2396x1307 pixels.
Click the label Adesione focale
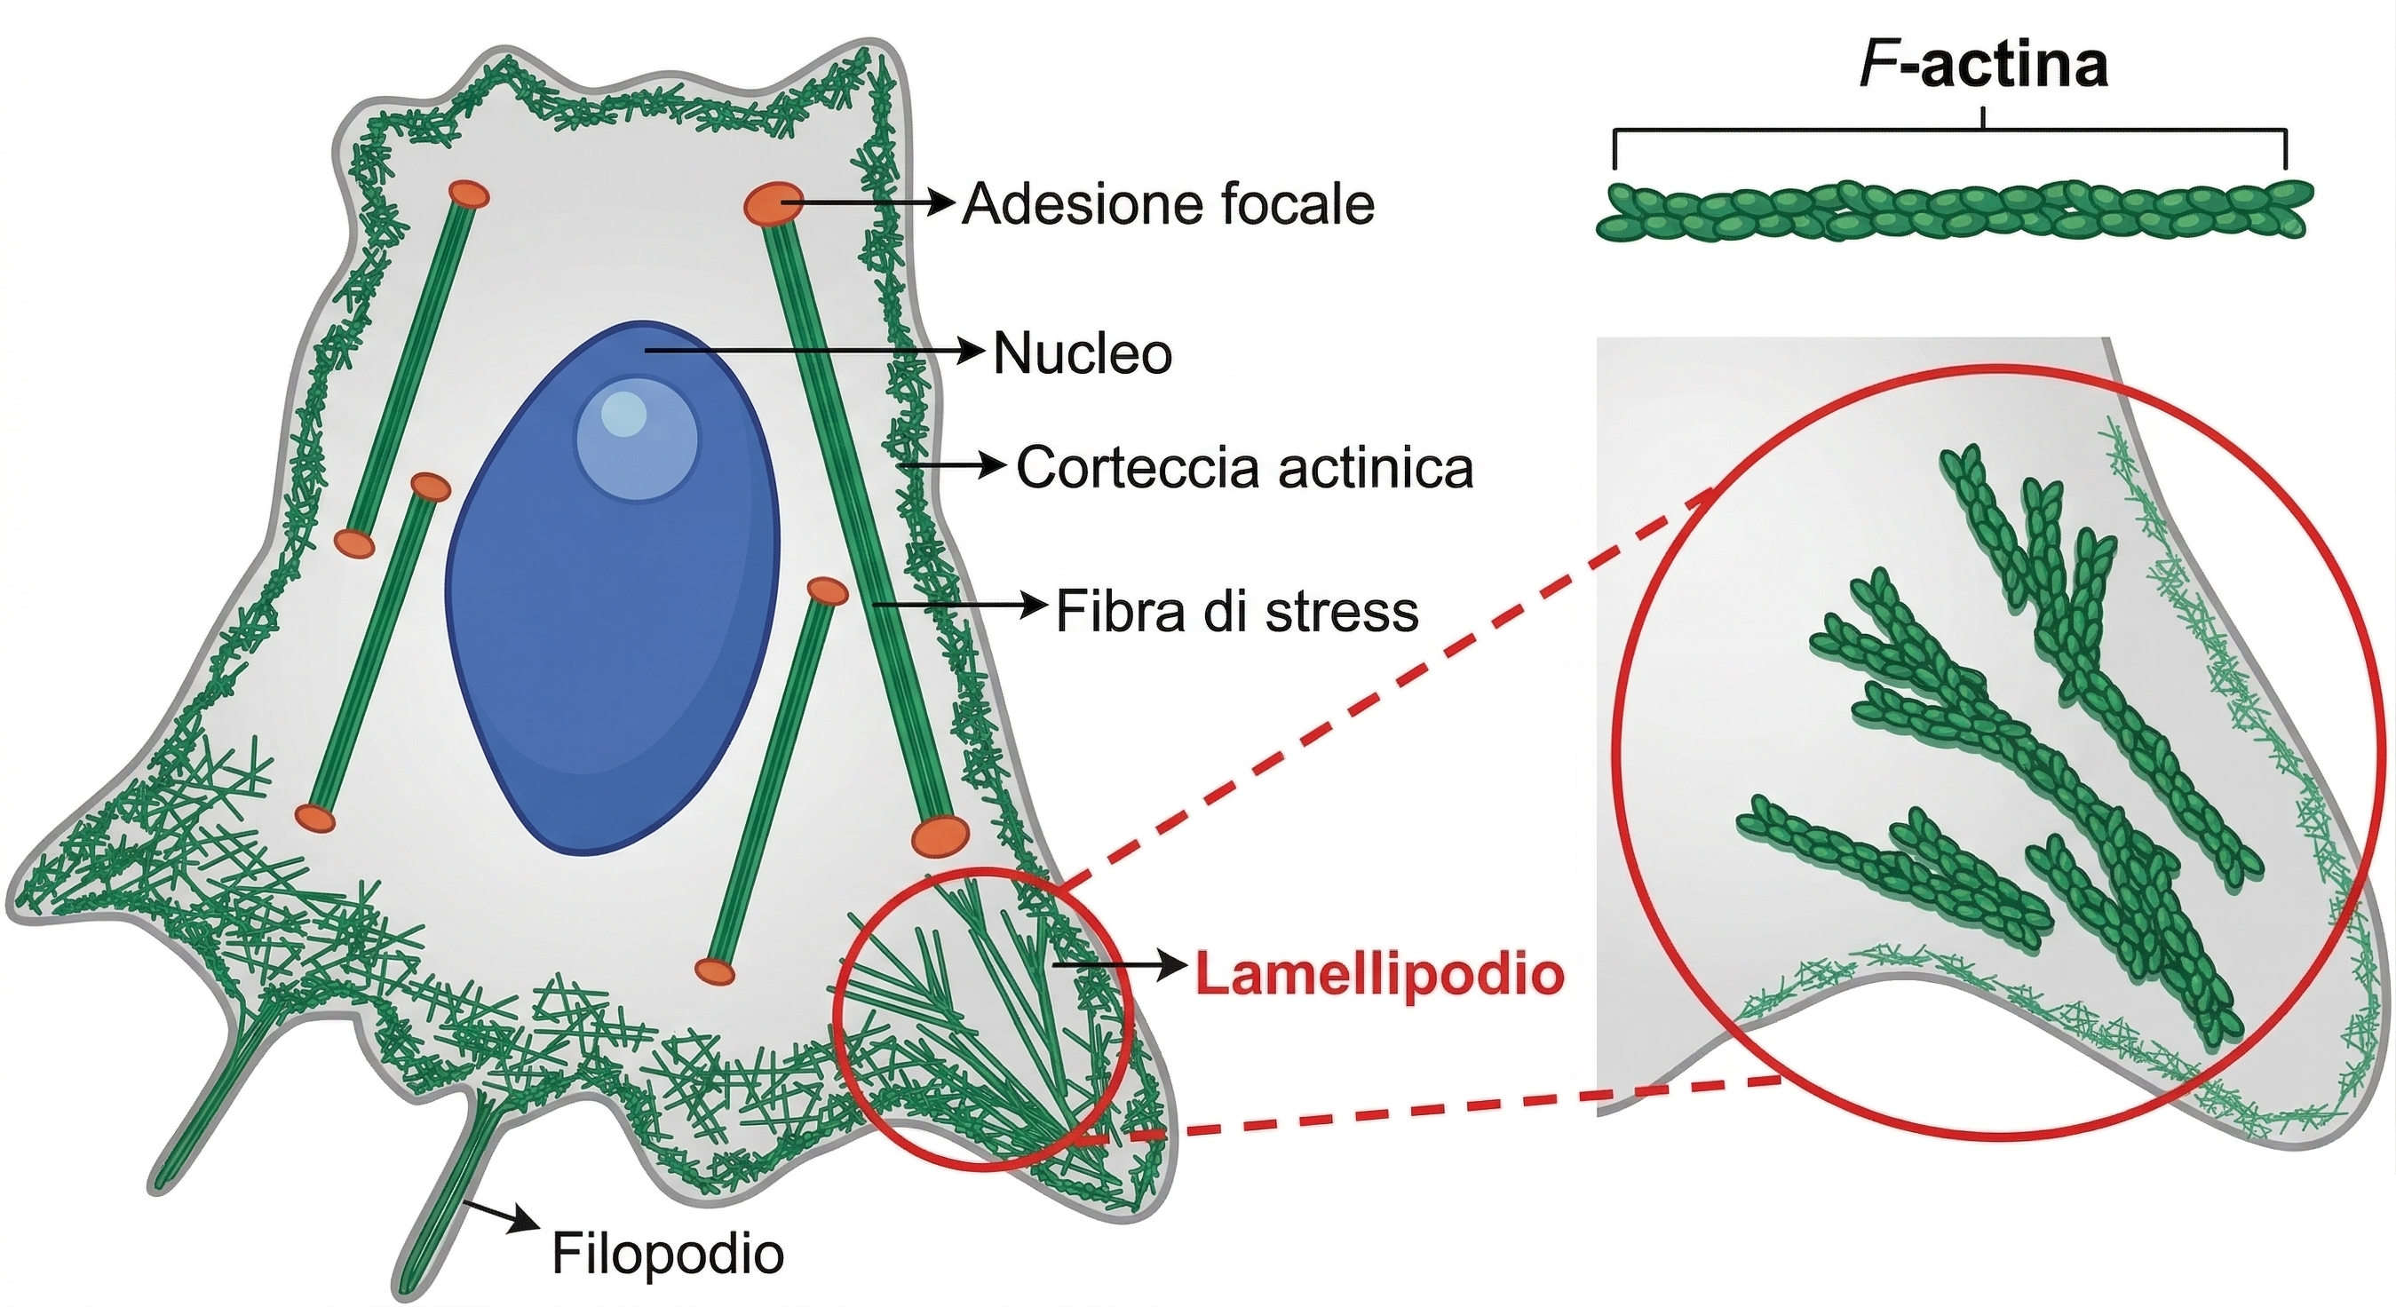[x=1167, y=204]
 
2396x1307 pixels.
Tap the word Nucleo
[x=1082, y=354]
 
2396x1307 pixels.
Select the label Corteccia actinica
[x=1243, y=468]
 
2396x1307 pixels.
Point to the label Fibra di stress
[x=1236, y=612]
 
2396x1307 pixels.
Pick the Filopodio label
[x=668, y=1254]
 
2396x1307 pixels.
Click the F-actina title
[x=1983, y=67]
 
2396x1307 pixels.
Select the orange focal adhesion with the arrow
[x=773, y=203]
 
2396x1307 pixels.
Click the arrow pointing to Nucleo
[x=813, y=352]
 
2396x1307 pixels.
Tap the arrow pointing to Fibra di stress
[x=958, y=606]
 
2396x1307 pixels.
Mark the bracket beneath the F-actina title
[x=1949, y=136]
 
